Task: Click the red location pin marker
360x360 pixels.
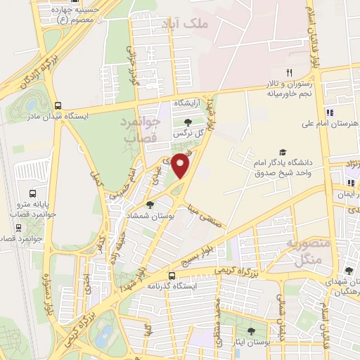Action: (182, 165)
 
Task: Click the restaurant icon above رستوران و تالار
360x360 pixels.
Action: (288, 72)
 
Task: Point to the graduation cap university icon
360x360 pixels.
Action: (283, 152)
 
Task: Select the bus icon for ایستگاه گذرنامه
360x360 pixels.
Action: (172, 275)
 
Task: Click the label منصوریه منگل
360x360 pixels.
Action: (304, 250)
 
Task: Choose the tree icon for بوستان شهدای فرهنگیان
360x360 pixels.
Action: (349, 271)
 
